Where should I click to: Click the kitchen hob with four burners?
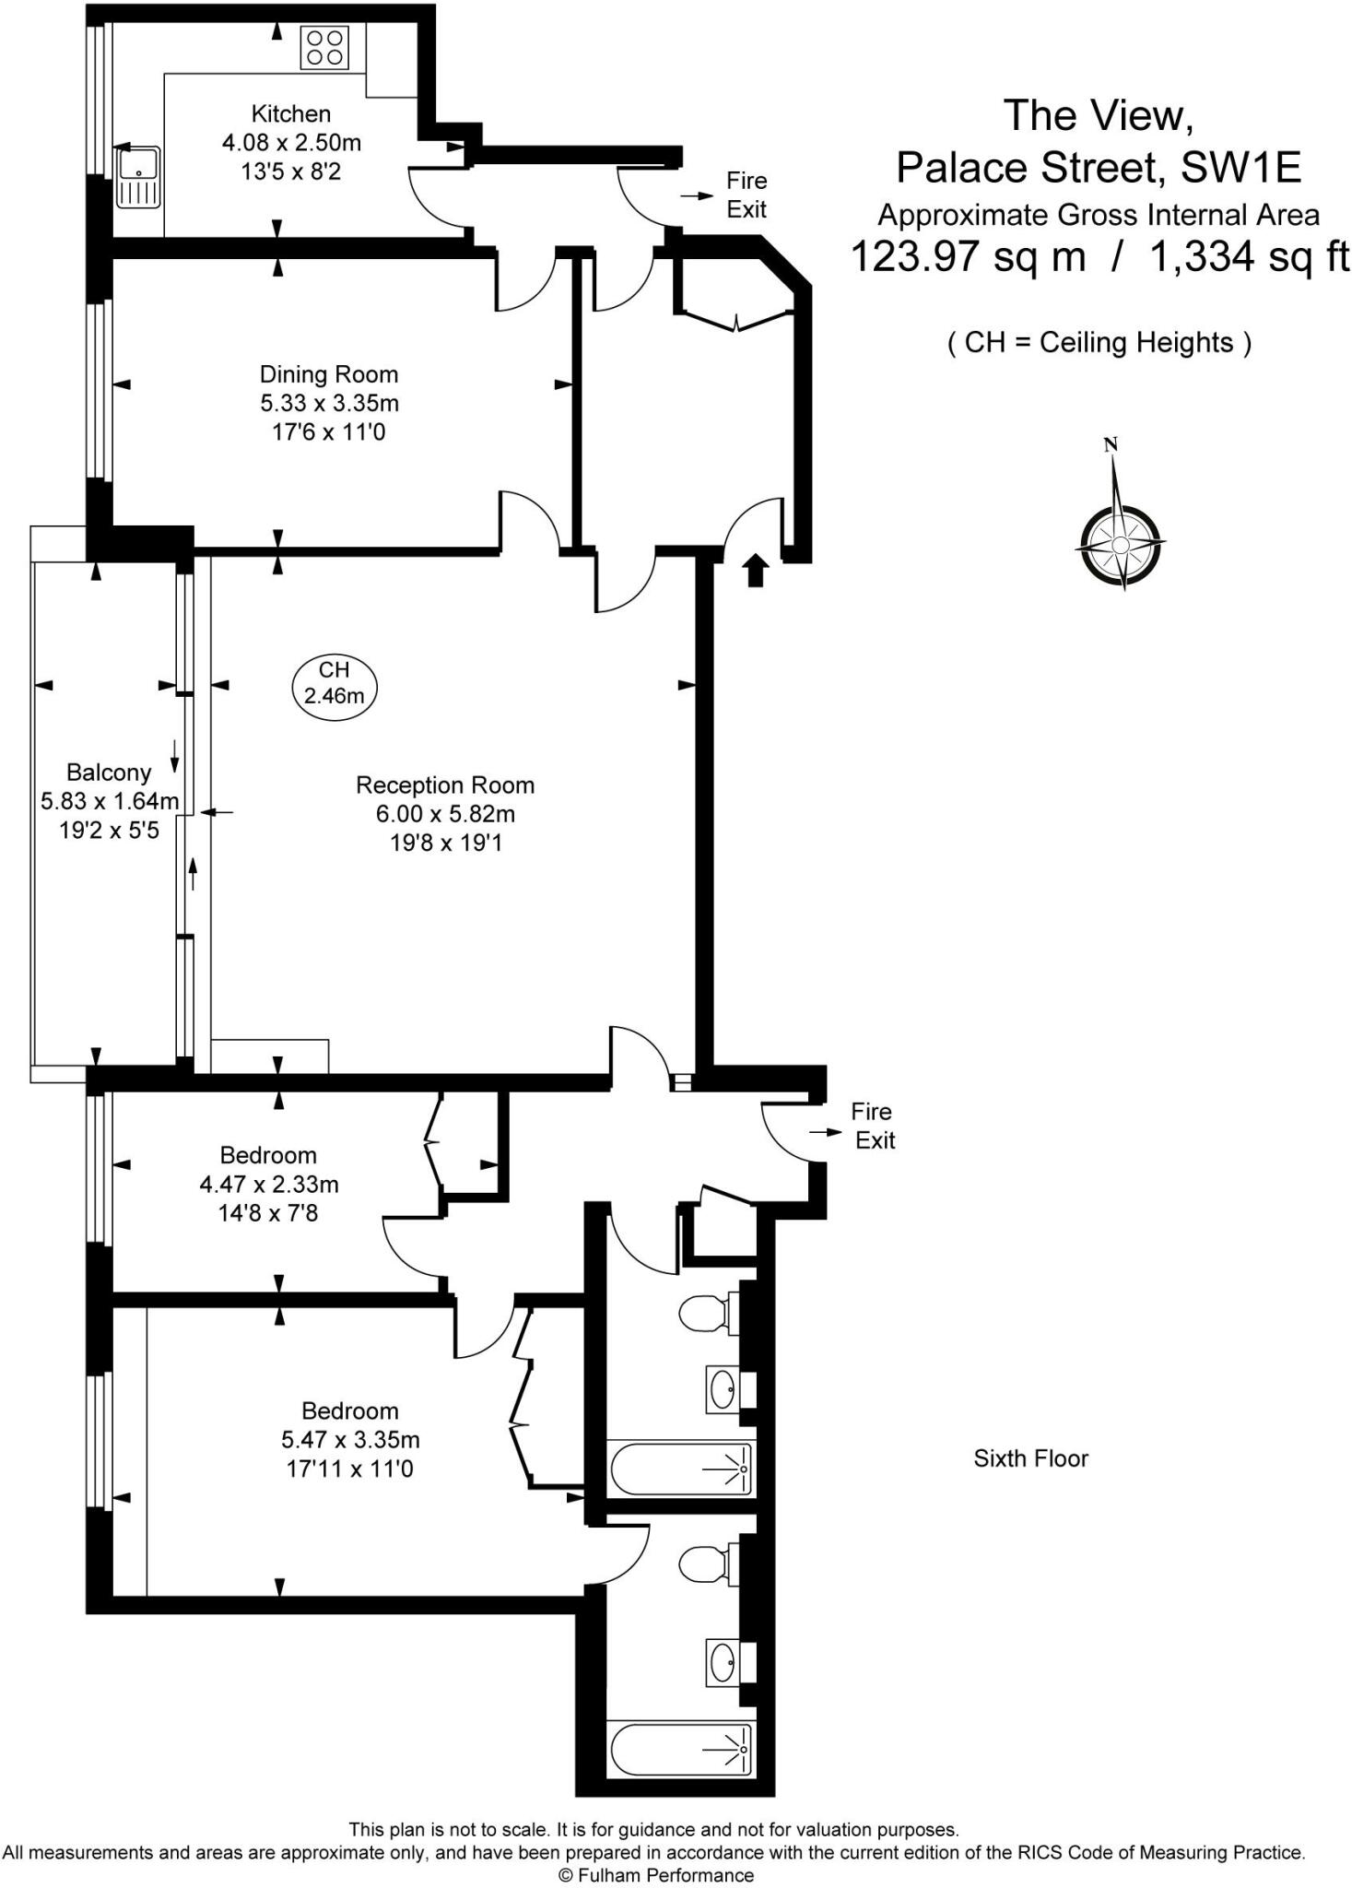point(324,47)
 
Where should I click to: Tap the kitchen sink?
point(138,176)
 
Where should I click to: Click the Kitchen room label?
point(291,114)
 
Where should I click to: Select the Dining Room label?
point(329,374)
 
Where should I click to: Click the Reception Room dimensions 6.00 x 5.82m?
point(445,814)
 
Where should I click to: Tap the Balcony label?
point(109,773)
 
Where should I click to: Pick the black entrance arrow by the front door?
point(756,571)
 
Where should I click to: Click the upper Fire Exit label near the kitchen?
point(747,195)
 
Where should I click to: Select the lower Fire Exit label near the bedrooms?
point(873,1126)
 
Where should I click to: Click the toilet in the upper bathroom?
point(709,1313)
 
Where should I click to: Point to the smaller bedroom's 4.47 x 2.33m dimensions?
point(269,1184)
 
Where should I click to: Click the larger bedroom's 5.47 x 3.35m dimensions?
point(350,1439)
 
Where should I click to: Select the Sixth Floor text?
point(1031,1458)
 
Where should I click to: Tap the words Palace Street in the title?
point(1026,168)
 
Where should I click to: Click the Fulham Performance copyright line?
point(656,1875)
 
